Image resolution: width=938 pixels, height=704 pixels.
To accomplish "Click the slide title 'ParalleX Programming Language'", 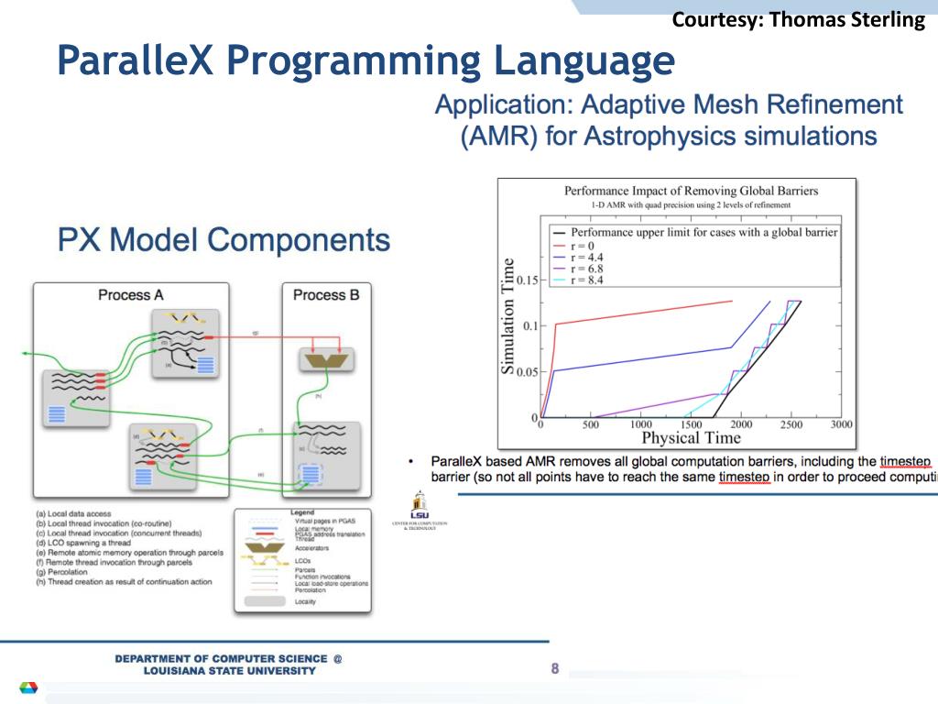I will [x=365, y=61].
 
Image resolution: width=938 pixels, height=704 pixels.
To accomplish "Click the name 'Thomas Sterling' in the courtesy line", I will [x=848, y=19].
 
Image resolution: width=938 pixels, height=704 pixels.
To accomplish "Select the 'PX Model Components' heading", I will [x=224, y=240].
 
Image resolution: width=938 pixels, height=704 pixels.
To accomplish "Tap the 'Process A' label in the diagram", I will [x=130, y=294].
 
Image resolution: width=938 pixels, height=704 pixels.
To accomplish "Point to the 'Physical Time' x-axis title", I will [x=691, y=437].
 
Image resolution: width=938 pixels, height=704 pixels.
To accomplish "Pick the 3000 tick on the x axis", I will [x=841, y=424].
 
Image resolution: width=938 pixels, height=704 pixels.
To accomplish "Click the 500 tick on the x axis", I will [x=591, y=424].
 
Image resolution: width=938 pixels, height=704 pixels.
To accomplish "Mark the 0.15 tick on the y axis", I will [x=529, y=280].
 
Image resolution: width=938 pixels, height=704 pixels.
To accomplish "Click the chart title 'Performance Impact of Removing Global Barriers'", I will [x=691, y=192].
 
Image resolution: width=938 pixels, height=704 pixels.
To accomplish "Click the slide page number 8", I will [x=554, y=668].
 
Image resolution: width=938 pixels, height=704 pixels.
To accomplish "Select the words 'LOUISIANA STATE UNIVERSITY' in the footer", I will [x=229, y=670].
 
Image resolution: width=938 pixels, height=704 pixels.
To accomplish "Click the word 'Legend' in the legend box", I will [x=301, y=512].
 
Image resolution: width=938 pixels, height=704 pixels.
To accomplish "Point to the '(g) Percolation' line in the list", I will [x=78, y=572].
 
